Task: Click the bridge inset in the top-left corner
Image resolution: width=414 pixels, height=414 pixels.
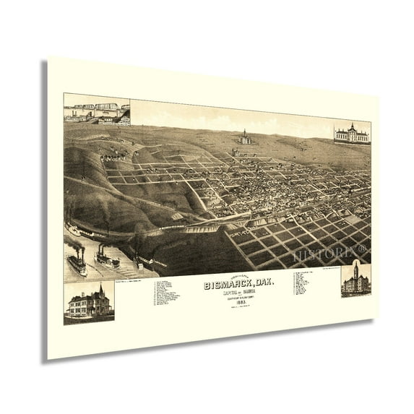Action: click(x=96, y=110)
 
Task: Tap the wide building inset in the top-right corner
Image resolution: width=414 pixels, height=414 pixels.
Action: click(x=351, y=133)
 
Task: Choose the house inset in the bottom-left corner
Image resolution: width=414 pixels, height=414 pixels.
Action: click(x=88, y=302)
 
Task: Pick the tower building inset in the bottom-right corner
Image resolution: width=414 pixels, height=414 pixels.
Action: click(x=355, y=280)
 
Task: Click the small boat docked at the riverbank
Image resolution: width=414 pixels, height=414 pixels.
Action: click(x=75, y=233)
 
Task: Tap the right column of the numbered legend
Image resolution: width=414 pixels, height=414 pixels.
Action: click(x=301, y=281)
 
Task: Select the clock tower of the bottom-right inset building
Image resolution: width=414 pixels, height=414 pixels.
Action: click(x=355, y=270)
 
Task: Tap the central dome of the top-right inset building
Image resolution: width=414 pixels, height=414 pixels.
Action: click(x=351, y=126)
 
